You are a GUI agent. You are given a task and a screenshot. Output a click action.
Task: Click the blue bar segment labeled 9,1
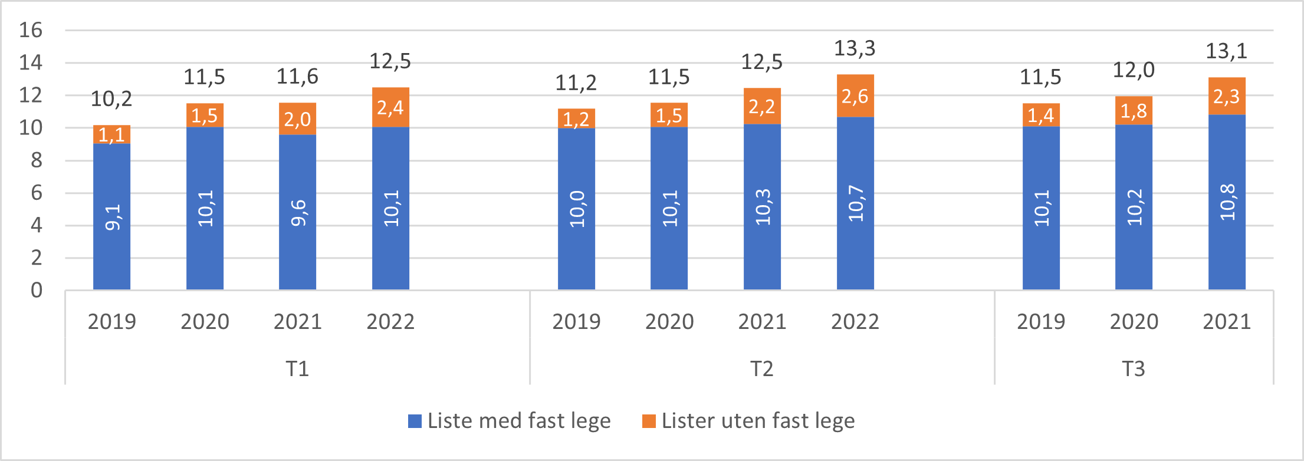tap(111, 217)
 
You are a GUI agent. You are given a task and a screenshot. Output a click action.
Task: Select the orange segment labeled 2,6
tap(855, 96)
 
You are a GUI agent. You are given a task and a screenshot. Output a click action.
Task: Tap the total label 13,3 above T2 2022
tap(855, 48)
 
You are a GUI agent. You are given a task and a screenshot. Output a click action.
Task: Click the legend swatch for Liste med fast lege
tap(415, 421)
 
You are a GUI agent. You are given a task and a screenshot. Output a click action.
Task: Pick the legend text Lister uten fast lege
tap(758, 421)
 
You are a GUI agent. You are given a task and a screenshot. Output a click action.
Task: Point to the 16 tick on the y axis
tap(31, 30)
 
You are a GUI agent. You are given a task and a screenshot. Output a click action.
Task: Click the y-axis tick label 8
tap(37, 160)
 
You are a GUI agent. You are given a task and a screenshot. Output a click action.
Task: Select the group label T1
tap(297, 368)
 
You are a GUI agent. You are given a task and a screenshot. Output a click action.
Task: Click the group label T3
tap(1133, 368)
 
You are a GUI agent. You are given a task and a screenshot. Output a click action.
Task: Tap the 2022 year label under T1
tap(390, 322)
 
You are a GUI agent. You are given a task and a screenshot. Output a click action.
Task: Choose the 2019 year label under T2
tap(576, 322)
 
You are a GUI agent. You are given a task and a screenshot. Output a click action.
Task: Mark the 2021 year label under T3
tap(1227, 322)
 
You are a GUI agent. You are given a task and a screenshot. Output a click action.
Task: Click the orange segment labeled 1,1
tap(111, 135)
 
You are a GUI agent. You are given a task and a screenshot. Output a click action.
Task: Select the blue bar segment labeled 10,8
tap(1227, 202)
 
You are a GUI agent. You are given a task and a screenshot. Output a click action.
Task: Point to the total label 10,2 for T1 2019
tap(111, 99)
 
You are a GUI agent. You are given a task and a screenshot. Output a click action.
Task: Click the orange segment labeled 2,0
tap(297, 119)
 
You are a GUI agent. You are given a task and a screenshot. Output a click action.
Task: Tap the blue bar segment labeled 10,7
tap(855, 203)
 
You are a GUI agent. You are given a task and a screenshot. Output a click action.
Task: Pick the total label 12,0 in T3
tap(1133, 70)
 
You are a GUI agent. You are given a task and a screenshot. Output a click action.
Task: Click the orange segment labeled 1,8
tap(1133, 111)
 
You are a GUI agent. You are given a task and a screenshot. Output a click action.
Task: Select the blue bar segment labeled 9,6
tap(297, 212)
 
